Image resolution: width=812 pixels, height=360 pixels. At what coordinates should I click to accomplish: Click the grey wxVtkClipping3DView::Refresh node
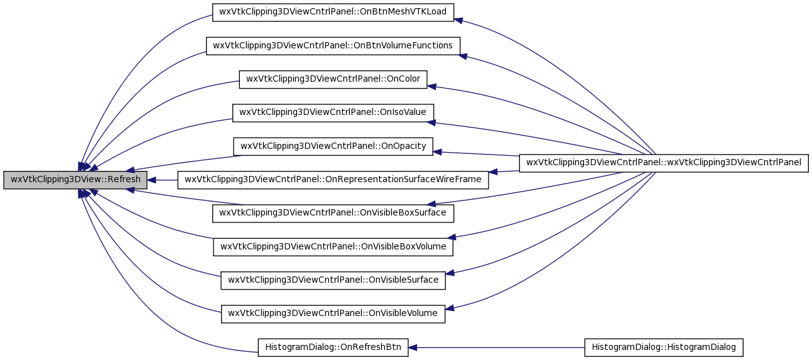click(75, 180)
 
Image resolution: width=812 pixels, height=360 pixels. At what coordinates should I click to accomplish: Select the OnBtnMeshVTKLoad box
click(333, 13)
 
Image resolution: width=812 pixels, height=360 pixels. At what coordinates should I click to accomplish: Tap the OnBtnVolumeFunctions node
click(333, 46)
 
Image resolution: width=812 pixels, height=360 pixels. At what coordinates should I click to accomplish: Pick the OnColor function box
click(333, 79)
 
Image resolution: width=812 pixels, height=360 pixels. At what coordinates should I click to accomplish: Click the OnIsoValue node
click(333, 112)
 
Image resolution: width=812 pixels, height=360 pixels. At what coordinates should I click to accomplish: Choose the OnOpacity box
click(333, 146)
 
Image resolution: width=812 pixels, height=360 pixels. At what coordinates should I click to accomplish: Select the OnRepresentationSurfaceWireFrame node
click(333, 180)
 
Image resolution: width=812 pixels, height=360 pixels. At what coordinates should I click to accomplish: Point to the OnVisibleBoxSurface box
click(333, 213)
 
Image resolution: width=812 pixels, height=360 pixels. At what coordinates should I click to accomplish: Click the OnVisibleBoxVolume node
click(333, 247)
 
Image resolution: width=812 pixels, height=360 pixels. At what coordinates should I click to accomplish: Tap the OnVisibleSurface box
click(333, 280)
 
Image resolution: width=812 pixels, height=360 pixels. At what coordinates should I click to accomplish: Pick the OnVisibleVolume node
click(333, 314)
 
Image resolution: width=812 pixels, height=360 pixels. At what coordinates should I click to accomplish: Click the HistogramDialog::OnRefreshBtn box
click(333, 347)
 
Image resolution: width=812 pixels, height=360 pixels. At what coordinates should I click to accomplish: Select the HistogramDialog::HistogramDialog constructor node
click(663, 347)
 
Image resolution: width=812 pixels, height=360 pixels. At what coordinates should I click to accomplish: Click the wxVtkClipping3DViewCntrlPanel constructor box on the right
click(663, 163)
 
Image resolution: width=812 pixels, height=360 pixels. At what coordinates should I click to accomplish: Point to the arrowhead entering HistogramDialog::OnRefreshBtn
click(413, 347)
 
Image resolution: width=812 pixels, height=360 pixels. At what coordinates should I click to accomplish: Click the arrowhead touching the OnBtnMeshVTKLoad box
click(458, 20)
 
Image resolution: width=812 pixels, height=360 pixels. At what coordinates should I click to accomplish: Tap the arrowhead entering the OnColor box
click(431, 86)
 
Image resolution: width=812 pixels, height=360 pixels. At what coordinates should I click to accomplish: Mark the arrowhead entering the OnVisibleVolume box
click(450, 308)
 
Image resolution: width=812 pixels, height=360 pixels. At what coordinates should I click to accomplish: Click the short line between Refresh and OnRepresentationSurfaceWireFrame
click(162, 180)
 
